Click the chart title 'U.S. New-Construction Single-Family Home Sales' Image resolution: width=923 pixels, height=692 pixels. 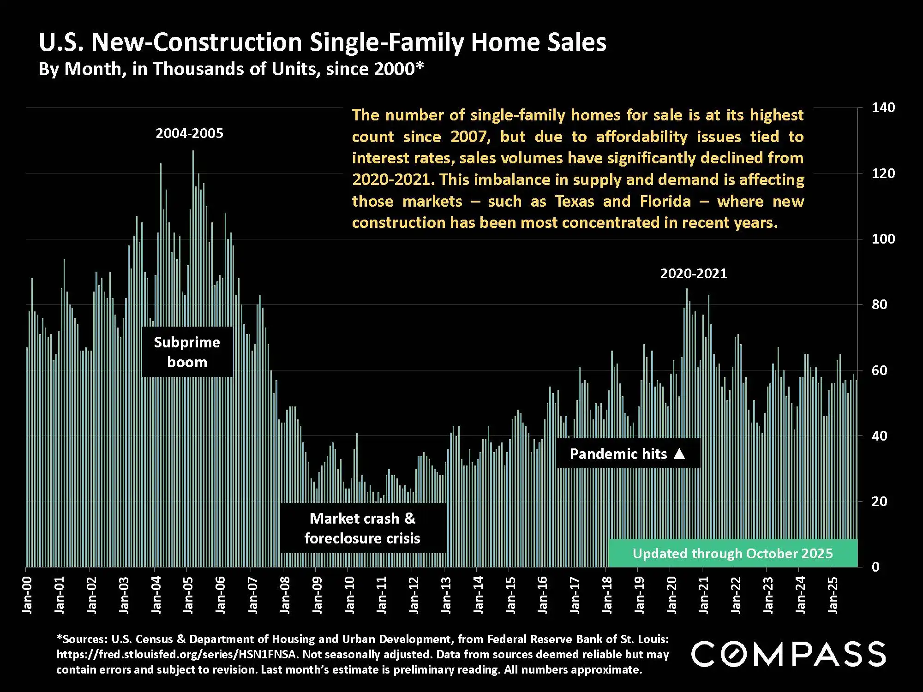(322, 42)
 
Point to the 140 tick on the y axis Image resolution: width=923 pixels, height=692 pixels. (882, 108)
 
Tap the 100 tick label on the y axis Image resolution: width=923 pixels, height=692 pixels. (882, 239)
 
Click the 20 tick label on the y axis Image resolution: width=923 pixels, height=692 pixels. (879, 501)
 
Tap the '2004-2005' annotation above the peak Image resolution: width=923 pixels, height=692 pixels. (189, 134)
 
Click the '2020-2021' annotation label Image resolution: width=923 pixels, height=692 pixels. (693, 274)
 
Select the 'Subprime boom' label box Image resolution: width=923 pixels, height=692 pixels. (187, 352)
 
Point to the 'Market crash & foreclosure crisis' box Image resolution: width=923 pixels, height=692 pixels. (362, 528)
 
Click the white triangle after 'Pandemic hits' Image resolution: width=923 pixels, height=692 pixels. (679, 454)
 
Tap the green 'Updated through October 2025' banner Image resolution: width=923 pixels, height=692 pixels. (732, 554)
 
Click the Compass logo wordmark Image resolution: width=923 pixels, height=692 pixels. (788, 654)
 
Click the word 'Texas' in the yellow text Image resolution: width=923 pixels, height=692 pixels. (574, 202)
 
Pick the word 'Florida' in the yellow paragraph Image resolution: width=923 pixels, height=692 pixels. (665, 202)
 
